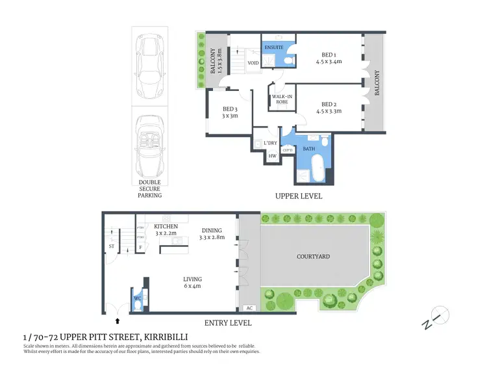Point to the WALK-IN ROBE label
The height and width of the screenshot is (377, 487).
(281, 100)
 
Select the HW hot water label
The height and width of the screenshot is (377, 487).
(272, 156)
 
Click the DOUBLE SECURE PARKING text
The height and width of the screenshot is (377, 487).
(150, 188)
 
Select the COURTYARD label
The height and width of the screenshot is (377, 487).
(314, 257)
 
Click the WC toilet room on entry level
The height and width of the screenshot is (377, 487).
(138, 299)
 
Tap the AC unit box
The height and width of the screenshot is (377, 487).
(249, 308)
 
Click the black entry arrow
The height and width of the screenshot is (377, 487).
(118, 320)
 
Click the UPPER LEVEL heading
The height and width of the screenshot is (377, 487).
(298, 196)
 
